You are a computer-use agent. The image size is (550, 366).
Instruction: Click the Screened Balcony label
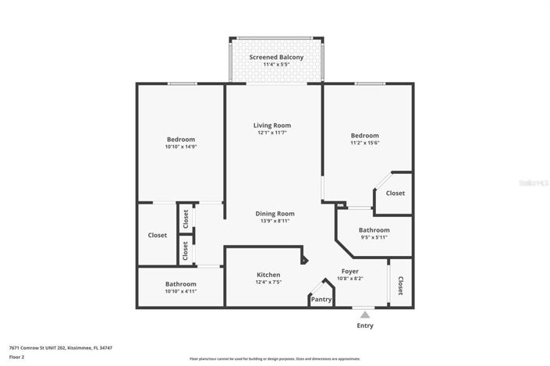275,58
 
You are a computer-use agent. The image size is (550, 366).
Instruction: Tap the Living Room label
271,125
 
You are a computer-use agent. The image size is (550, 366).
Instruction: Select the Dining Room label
275,213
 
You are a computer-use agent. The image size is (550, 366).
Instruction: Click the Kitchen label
268,275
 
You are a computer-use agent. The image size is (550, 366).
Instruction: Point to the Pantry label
321,299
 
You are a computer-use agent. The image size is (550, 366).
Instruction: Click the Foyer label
350,271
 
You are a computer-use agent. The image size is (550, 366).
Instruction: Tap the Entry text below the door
364,325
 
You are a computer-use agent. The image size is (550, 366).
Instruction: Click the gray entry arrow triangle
364,314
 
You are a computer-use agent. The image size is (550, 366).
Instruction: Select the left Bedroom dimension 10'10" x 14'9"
180,147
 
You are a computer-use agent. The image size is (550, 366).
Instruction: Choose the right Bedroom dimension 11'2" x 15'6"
364,143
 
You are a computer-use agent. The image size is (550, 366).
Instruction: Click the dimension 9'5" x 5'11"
374,238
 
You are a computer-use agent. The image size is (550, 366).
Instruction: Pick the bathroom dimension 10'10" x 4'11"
180,291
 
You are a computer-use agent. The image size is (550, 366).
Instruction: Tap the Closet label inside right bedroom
395,193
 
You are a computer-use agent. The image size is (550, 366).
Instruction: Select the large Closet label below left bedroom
157,235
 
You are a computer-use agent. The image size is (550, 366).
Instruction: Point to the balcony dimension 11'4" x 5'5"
275,66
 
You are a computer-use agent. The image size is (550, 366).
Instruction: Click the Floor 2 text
16,356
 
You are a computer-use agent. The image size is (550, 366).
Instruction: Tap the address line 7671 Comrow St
60,347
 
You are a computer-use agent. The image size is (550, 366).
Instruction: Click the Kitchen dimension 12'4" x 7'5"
268,282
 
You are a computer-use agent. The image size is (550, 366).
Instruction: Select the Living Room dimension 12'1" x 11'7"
271,133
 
